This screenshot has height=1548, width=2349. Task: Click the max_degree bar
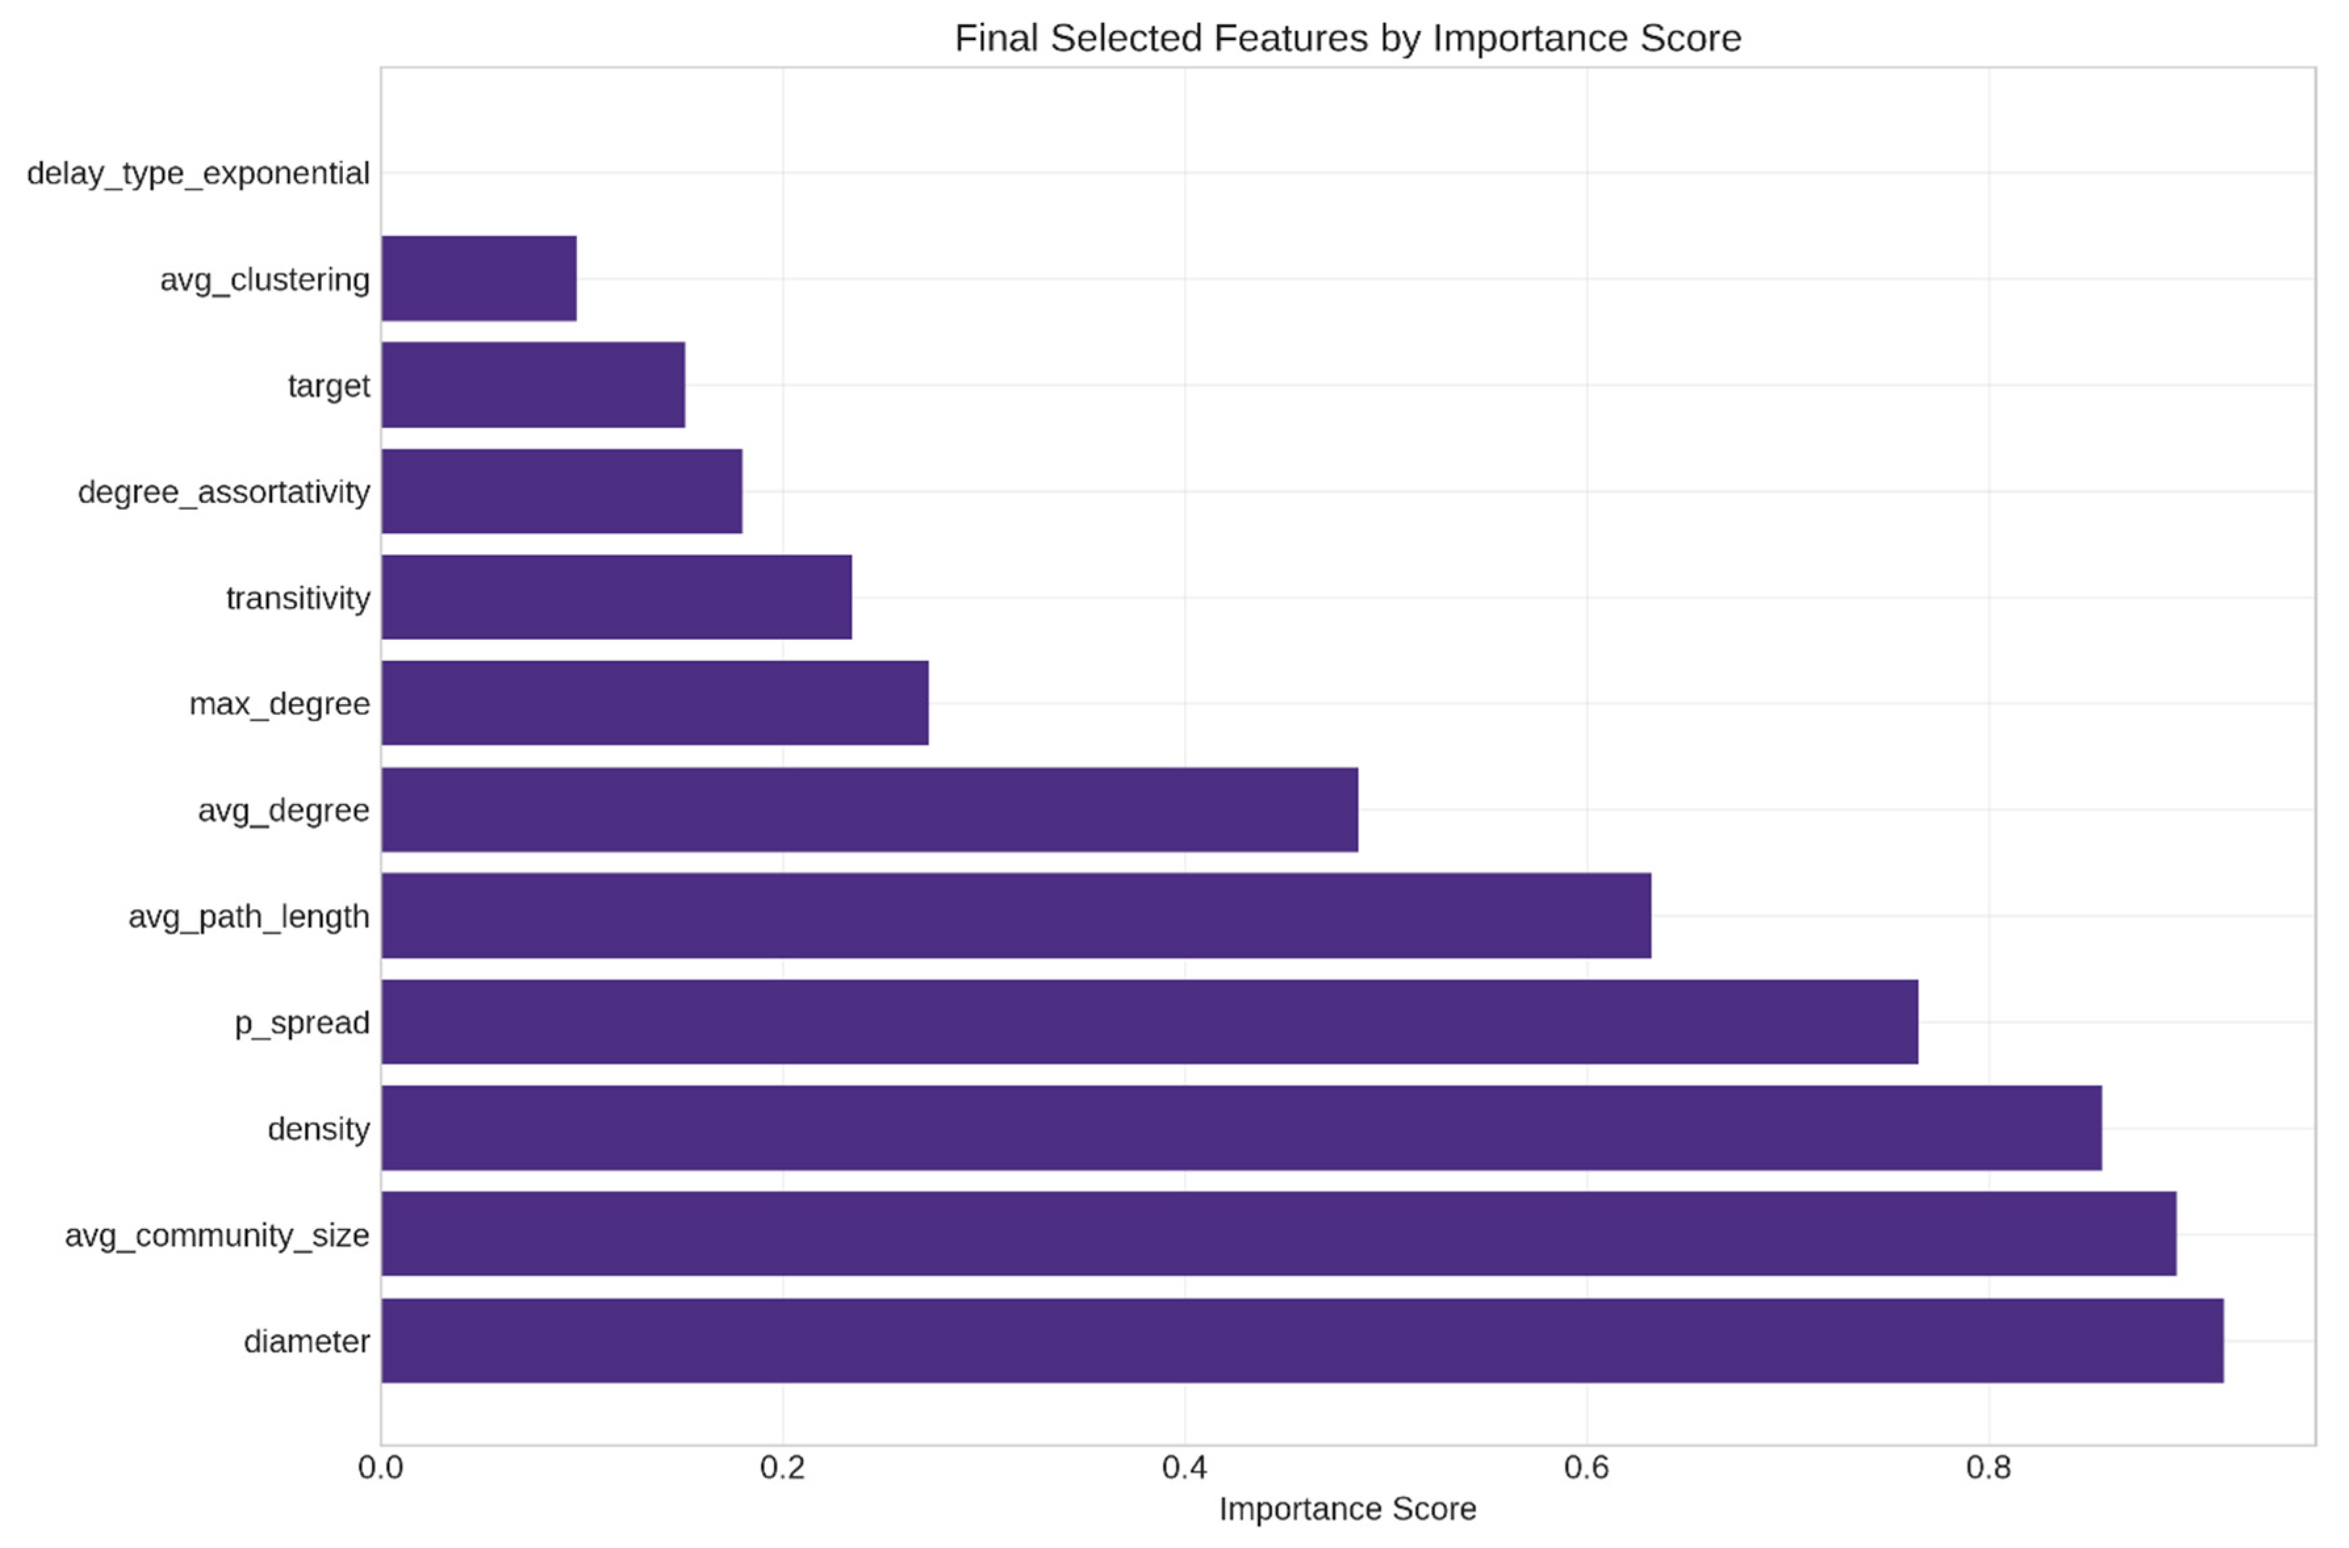point(654,703)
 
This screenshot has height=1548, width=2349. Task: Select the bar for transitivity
point(616,596)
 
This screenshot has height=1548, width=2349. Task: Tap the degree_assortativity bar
point(561,491)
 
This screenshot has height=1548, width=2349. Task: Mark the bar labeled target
point(532,384)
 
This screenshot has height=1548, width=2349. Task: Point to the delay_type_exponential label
point(198,173)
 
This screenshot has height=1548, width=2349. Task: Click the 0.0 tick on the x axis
point(380,1467)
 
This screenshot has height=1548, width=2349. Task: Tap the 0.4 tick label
point(1184,1467)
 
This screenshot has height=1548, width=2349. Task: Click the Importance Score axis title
point(1347,1509)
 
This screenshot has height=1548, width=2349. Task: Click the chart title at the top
point(1347,37)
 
